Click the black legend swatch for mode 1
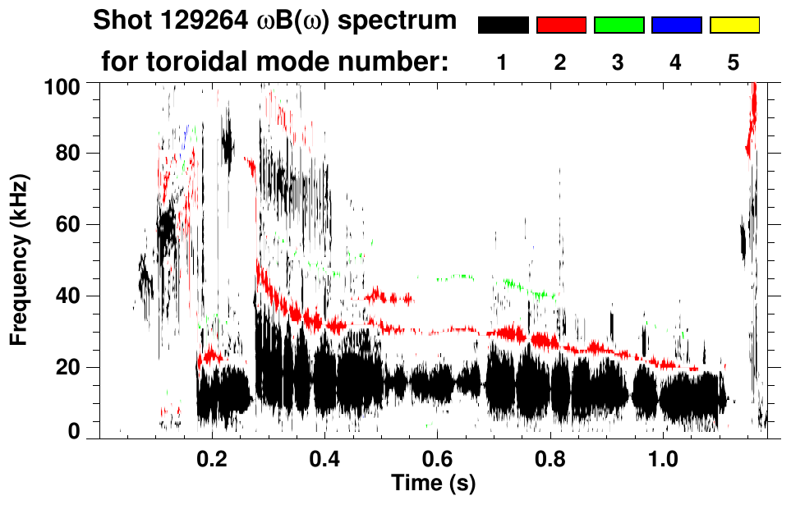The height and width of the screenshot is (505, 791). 503,25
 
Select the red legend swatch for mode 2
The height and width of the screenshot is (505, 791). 561,25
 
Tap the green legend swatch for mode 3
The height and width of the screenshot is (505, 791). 619,25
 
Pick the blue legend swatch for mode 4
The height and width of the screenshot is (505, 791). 676,25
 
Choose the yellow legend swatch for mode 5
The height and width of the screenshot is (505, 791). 734,25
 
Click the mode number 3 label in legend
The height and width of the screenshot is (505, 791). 619,62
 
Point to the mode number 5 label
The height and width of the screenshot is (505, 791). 734,62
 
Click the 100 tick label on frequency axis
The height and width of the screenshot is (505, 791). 65,85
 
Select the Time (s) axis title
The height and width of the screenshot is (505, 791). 433,483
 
